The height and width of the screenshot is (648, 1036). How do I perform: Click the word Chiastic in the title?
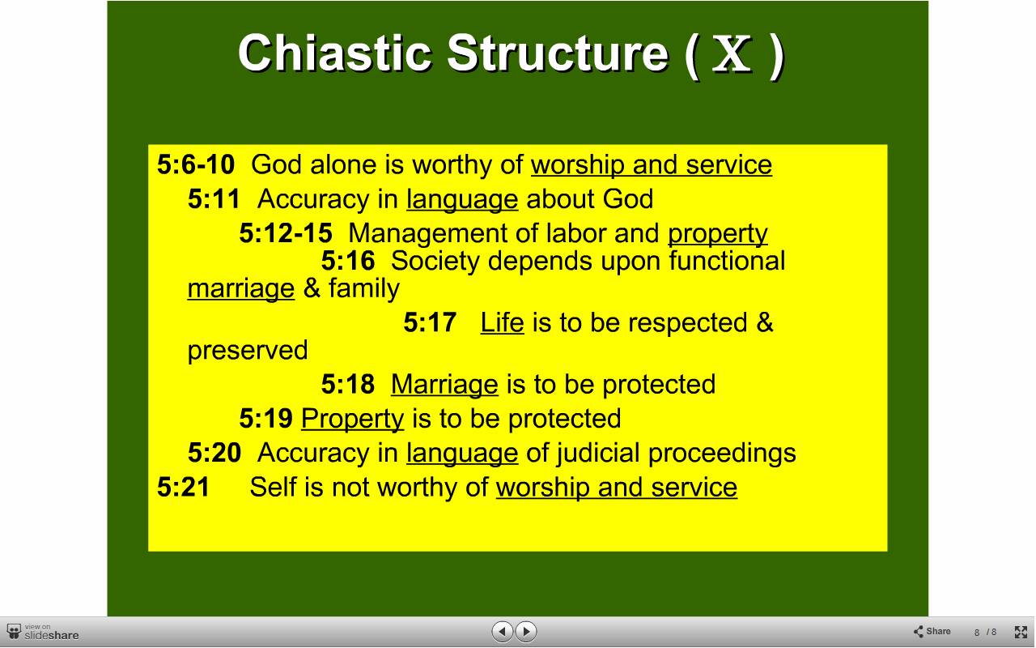point(335,53)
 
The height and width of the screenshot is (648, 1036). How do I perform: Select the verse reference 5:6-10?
point(196,164)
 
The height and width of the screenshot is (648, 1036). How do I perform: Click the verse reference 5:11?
point(214,199)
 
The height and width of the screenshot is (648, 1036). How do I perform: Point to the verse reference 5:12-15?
point(286,232)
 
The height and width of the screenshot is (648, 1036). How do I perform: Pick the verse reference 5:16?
point(348,261)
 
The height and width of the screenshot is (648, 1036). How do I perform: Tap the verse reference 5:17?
point(430,322)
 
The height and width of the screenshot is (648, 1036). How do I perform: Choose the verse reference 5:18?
point(348,384)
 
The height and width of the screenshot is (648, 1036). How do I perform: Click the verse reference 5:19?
point(265,419)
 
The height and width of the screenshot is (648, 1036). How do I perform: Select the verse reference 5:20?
point(214,452)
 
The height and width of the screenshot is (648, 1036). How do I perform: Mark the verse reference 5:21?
point(183,487)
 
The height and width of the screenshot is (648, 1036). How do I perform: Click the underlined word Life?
point(503,322)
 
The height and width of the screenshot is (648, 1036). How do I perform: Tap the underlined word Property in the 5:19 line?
point(352,420)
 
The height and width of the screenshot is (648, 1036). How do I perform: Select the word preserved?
point(248,351)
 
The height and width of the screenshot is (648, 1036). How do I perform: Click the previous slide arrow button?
point(503,631)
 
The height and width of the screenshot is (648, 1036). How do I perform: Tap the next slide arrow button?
point(526,631)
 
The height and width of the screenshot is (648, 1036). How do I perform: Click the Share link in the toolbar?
point(932,631)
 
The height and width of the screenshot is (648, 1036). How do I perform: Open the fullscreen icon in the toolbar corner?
point(1021,632)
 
